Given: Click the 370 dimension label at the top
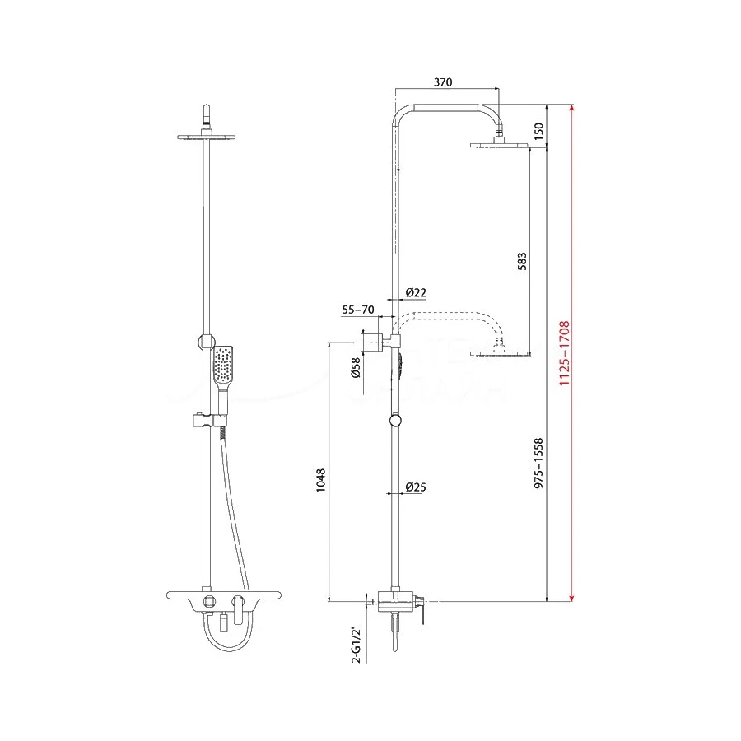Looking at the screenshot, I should point(444,82).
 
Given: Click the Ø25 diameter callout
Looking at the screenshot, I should point(416,487).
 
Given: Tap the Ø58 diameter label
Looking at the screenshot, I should point(355,368).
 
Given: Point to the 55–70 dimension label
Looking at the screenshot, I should point(357,310).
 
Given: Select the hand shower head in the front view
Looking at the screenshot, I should point(223,366).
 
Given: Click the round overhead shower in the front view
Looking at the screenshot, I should point(206,136).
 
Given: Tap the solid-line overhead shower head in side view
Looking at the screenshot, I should point(498,146).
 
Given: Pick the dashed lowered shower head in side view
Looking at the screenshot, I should point(498,353).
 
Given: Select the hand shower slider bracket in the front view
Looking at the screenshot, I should point(210,421).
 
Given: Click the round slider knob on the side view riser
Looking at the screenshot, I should point(396,421).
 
